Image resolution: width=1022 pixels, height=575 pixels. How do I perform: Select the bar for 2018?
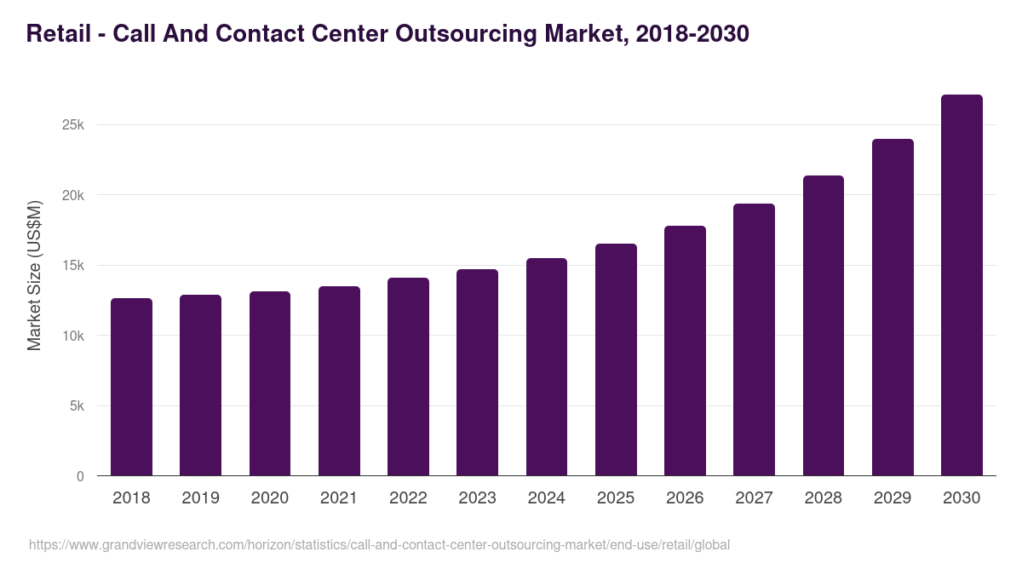(x=131, y=388)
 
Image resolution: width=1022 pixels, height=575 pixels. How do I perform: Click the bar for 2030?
(x=962, y=285)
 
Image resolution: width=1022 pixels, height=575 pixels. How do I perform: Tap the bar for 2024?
(x=547, y=367)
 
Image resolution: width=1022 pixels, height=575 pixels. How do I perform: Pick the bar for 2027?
(x=754, y=340)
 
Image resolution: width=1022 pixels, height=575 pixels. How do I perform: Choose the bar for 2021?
(x=339, y=381)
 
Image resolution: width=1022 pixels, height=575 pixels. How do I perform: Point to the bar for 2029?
(x=893, y=308)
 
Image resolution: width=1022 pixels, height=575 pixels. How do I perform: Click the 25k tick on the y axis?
(x=73, y=125)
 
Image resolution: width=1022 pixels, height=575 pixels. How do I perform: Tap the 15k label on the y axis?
(x=73, y=266)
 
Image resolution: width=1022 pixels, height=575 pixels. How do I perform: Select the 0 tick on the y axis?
(x=80, y=476)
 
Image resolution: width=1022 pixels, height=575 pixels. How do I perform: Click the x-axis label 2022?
(x=408, y=498)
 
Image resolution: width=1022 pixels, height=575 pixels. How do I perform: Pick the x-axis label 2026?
(x=685, y=498)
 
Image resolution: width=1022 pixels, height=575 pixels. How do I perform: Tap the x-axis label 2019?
(x=200, y=498)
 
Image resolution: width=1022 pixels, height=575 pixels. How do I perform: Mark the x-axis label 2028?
(x=824, y=498)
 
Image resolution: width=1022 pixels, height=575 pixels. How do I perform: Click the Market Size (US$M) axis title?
(x=35, y=275)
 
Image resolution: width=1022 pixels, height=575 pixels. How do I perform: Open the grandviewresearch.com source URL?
(x=379, y=544)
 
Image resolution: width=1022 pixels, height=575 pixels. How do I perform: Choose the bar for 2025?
(x=616, y=359)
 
